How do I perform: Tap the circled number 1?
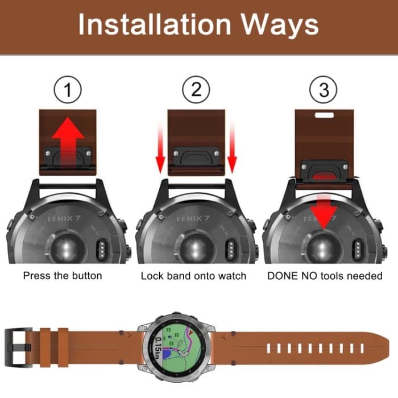[x=68, y=90]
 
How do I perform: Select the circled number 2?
[x=196, y=90]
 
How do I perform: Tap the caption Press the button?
[x=63, y=276]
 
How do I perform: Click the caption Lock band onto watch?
[x=193, y=276]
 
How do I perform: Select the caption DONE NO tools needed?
[x=325, y=276]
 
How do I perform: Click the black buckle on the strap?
[x=16, y=345]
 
